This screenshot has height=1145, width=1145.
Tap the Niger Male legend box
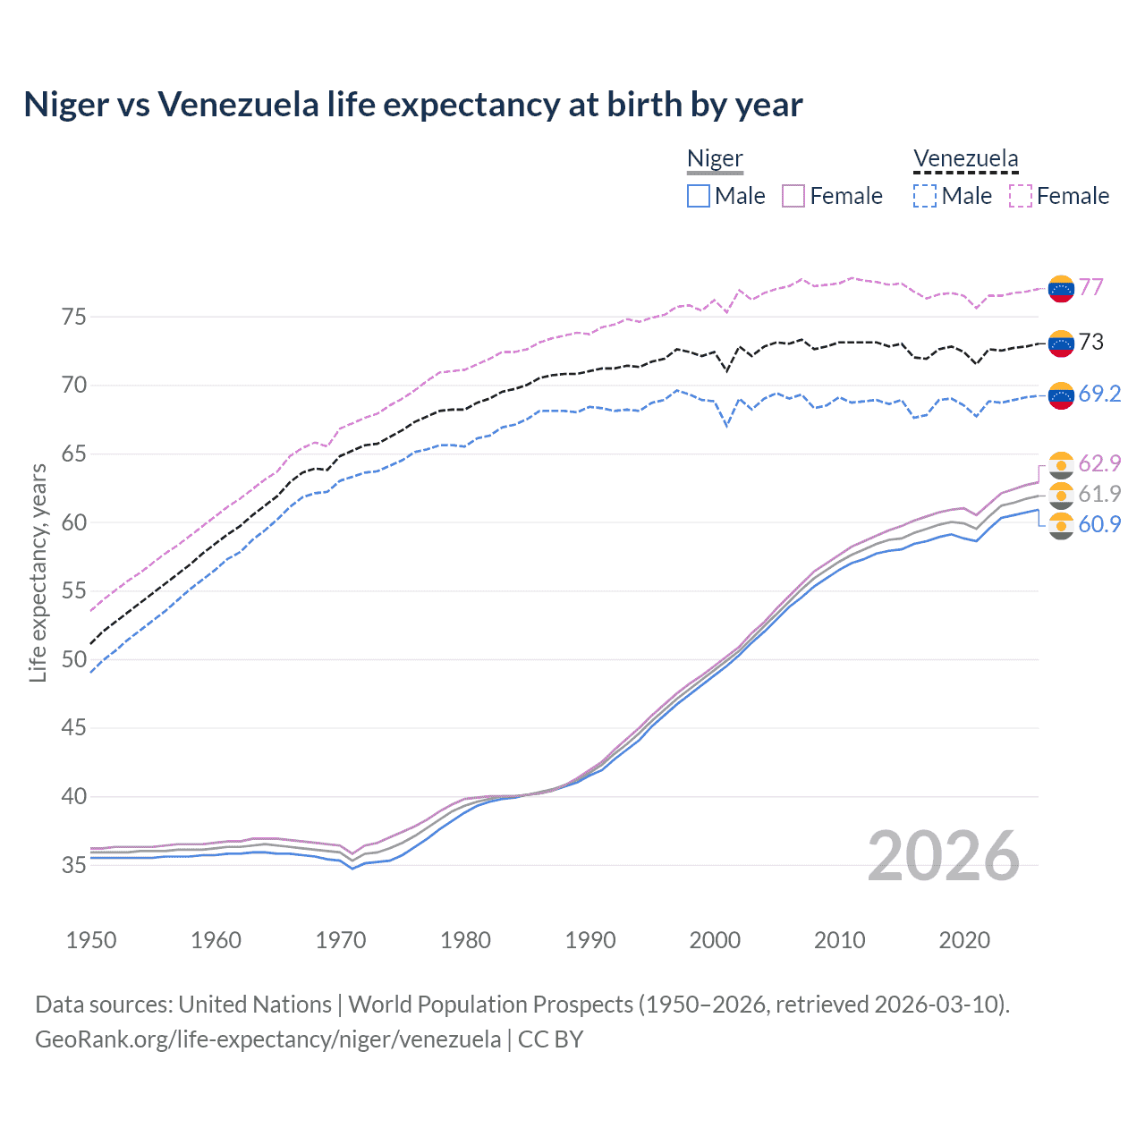(699, 196)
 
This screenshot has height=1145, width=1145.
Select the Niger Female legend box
(793, 196)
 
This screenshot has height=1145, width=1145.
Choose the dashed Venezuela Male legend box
(925, 196)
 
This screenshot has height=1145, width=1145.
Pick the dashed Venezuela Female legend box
(1021, 196)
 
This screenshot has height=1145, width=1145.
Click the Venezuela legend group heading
(965, 159)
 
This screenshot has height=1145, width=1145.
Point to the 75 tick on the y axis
(73, 317)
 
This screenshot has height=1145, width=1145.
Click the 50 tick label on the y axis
(73, 659)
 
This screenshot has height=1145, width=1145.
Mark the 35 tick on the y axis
(73, 865)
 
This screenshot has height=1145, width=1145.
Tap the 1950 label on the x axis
(91, 940)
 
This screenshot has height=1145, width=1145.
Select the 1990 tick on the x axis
(590, 940)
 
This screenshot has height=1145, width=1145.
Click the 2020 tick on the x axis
(964, 940)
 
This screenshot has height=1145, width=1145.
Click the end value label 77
(1090, 287)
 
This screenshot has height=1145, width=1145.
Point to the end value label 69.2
(1099, 394)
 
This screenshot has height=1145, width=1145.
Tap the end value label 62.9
(1099, 463)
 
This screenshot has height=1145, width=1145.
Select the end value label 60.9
(1099, 525)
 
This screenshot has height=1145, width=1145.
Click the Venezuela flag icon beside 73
(1061, 343)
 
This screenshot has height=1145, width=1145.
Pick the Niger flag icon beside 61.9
(1061, 495)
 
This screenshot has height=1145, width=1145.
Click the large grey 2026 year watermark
(943, 856)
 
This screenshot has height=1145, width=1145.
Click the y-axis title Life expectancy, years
(38, 572)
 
